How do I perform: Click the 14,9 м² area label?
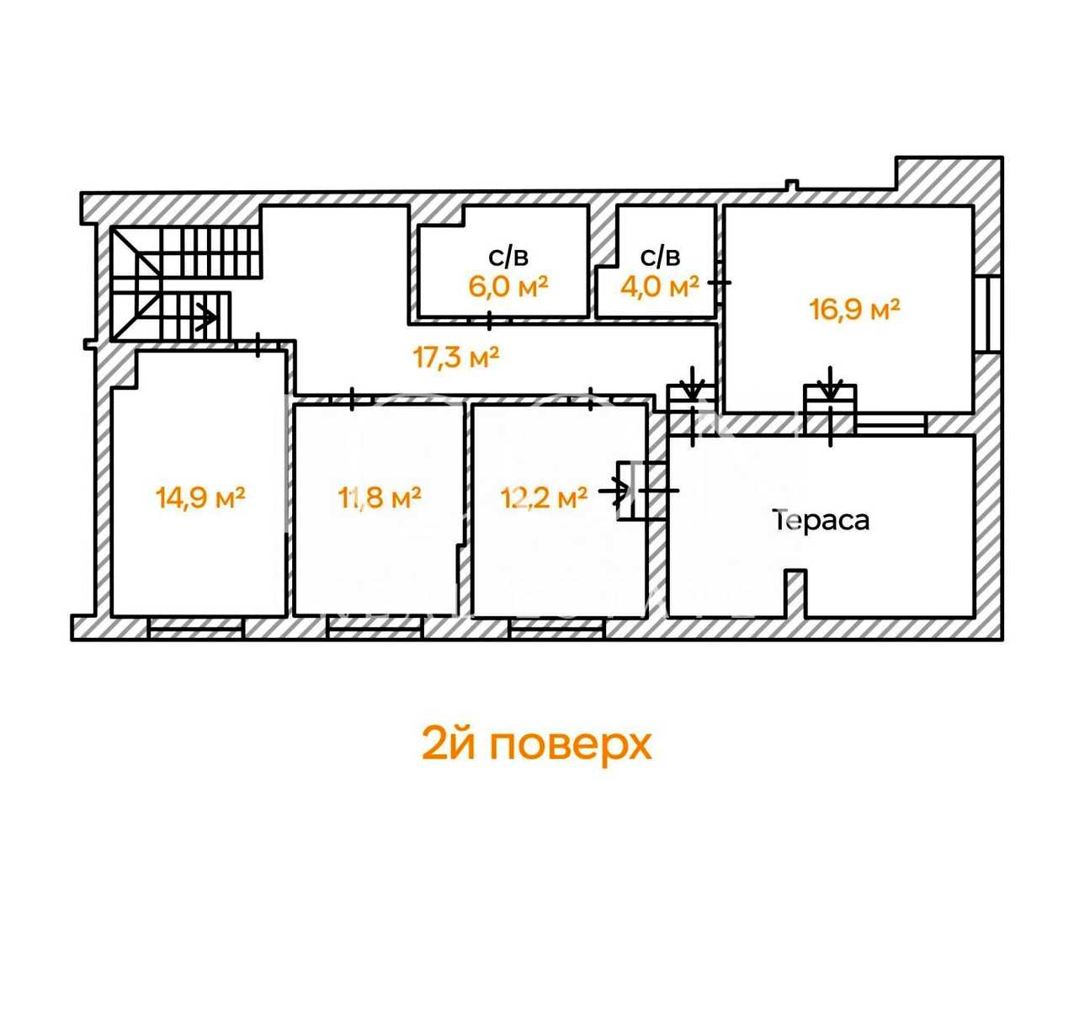200,497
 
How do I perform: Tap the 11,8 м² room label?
379,497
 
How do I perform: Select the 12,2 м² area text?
544,497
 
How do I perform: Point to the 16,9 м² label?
854,310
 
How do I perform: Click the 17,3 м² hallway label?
456,357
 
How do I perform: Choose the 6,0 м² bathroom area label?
508,285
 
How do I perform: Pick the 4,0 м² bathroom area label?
660,285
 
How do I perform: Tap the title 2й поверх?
536,745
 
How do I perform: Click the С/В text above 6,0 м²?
508,258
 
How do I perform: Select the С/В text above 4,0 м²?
660,258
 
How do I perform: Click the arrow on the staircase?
207,316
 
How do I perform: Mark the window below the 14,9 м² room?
196,628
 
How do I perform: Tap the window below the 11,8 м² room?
375,628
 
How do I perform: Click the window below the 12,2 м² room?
557,628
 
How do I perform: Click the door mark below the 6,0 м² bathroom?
490,321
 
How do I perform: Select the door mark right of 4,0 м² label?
720,283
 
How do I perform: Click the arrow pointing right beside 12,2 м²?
614,492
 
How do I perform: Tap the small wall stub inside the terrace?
795,593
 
